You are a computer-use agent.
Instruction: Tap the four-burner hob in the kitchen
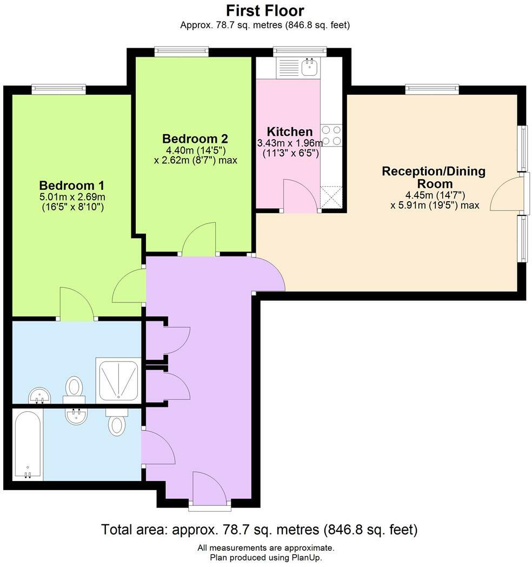[x=331, y=135]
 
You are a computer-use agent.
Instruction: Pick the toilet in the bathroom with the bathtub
[x=117, y=423]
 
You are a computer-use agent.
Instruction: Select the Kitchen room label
[x=290, y=131]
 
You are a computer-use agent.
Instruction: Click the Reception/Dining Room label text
[x=434, y=177]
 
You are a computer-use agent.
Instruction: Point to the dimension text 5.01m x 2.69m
[x=72, y=196]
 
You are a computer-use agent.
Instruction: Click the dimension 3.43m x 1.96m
[x=289, y=143]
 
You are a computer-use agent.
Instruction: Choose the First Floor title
[x=265, y=10]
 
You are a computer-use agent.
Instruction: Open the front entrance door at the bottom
[x=210, y=489]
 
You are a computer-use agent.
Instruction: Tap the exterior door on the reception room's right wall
[x=508, y=193]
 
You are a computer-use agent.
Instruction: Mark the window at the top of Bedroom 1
[x=58, y=89]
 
